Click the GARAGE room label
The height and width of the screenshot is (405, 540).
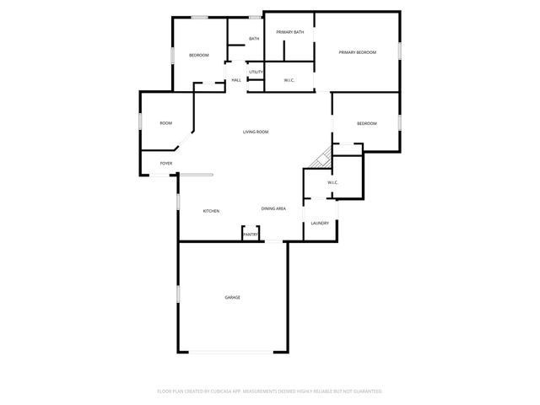coord(232,297)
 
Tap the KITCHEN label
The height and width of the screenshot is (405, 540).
coord(211,210)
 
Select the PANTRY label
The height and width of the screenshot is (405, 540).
coord(251,235)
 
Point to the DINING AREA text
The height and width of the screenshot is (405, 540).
coord(273,208)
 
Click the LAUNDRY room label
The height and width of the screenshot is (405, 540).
coord(319,223)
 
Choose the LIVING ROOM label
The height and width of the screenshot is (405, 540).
coord(256,132)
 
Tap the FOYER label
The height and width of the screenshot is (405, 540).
coord(166,163)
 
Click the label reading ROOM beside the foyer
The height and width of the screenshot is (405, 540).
coord(166,123)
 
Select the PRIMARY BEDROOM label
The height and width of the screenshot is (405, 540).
coord(357,52)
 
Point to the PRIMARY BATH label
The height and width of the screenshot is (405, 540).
coord(289,32)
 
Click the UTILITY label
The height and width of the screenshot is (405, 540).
coord(256,72)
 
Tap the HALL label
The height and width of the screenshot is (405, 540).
coord(236,80)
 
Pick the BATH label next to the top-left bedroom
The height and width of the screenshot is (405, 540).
coord(253,39)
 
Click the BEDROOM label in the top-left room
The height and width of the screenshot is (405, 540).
coord(198,55)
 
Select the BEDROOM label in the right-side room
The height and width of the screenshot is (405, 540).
coord(366,123)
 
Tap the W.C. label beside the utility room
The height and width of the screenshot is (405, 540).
coord(289,80)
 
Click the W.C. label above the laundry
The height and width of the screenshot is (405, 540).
coord(332,182)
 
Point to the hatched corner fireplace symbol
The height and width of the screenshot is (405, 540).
coord(321,158)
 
